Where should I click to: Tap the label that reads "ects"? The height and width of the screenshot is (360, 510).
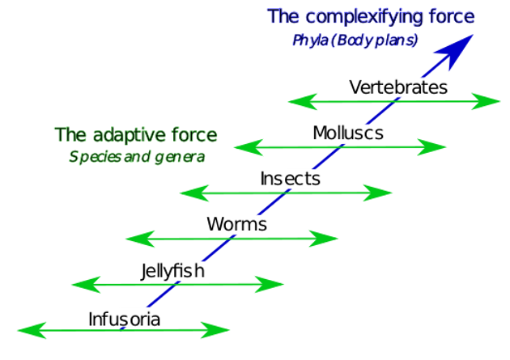click(x=301, y=179)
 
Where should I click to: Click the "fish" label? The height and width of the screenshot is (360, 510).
click(x=189, y=270)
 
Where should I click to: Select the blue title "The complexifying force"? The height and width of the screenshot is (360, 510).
click(x=371, y=15)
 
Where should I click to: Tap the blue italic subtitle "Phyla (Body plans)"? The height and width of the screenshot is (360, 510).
click(x=354, y=40)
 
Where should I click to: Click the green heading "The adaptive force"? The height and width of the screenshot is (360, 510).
click(x=135, y=133)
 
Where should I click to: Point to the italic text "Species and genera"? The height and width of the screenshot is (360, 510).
click(x=136, y=156)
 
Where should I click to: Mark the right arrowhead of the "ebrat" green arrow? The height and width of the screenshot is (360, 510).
click(x=487, y=102)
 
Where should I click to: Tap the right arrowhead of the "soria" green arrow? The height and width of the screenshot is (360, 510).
click(x=216, y=330)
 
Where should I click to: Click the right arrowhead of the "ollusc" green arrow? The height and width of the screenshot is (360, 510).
click(x=433, y=148)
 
